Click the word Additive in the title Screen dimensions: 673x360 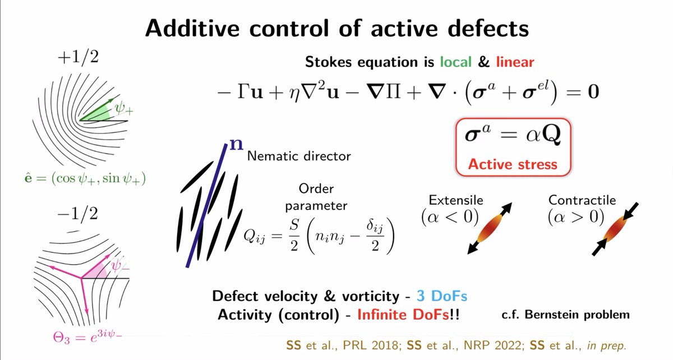192,28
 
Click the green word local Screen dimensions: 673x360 456,62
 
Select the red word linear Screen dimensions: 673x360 515,62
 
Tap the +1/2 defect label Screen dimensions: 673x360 78,57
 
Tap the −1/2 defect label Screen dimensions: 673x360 77,214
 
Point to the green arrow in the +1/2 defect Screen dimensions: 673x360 96,110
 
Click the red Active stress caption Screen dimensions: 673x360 513,164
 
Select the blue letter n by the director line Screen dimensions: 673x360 236,145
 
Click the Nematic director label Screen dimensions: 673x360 299,156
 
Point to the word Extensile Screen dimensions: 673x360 456,200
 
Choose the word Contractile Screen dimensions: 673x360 582,200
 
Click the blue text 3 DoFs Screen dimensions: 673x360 442,296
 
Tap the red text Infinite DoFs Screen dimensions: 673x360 403,315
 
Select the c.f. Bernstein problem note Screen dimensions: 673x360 566,315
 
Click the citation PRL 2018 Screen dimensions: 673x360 371,345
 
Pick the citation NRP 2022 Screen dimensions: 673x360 493,345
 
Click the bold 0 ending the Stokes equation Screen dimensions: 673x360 593,91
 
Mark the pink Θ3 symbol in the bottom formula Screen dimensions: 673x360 61,338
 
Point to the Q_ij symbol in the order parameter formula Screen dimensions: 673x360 254,236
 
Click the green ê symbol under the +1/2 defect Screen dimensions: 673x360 28,178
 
